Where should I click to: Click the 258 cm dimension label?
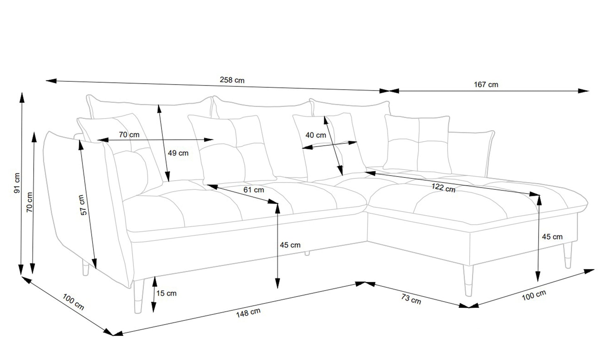[x=232, y=80]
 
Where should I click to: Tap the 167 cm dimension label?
[x=486, y=85]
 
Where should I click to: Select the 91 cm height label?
[x=17, y=183]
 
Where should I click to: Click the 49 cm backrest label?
[x=178, y=153]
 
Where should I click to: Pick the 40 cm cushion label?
[x=316, y=135]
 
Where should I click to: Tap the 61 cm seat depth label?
[x=254, y=190]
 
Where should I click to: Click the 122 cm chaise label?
[x=443, y=188]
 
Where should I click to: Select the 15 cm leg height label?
[x=166, y=293]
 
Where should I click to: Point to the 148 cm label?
[x=248, y=313]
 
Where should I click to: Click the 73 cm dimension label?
[x=411, y=299]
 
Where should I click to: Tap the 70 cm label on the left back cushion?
[x=129, y=134]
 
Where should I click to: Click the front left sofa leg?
[x=138, y=297]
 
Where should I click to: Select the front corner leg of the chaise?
[x=468, y=281]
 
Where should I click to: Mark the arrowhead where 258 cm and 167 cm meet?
[x=389, y=91]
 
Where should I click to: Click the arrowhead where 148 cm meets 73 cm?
[x=365, y=283]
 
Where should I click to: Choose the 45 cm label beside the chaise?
[x=552, y=237]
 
